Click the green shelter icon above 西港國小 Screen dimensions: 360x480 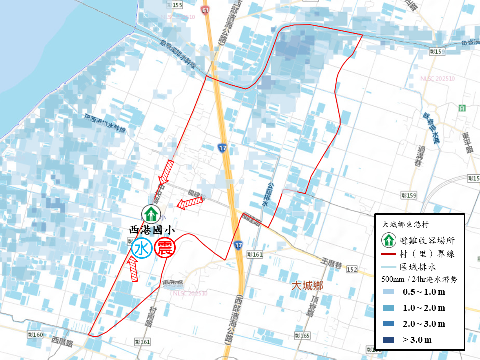pyautogui.click(x=150, y=214)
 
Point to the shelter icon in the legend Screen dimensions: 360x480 pyautogui.click(x=387, y=240)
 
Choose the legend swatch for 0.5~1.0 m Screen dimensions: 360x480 pyautogui.click(x=387, y=292)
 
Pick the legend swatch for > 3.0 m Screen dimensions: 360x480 pyautogui.click(x=387, y=340)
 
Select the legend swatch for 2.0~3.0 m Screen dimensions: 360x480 pyautogui.click(x=387, y=324)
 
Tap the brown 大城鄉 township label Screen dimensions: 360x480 pyautogui.click(x=307, y=286)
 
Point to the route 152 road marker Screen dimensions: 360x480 pyautogui.click(x=352, y=270)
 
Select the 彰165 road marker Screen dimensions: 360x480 pyautogui.click(x=303, y=336)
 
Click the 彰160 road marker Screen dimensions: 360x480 pyautogui.click(x=36, y=334)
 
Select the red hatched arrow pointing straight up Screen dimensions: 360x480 pyautogui.click(x=133, y=269)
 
